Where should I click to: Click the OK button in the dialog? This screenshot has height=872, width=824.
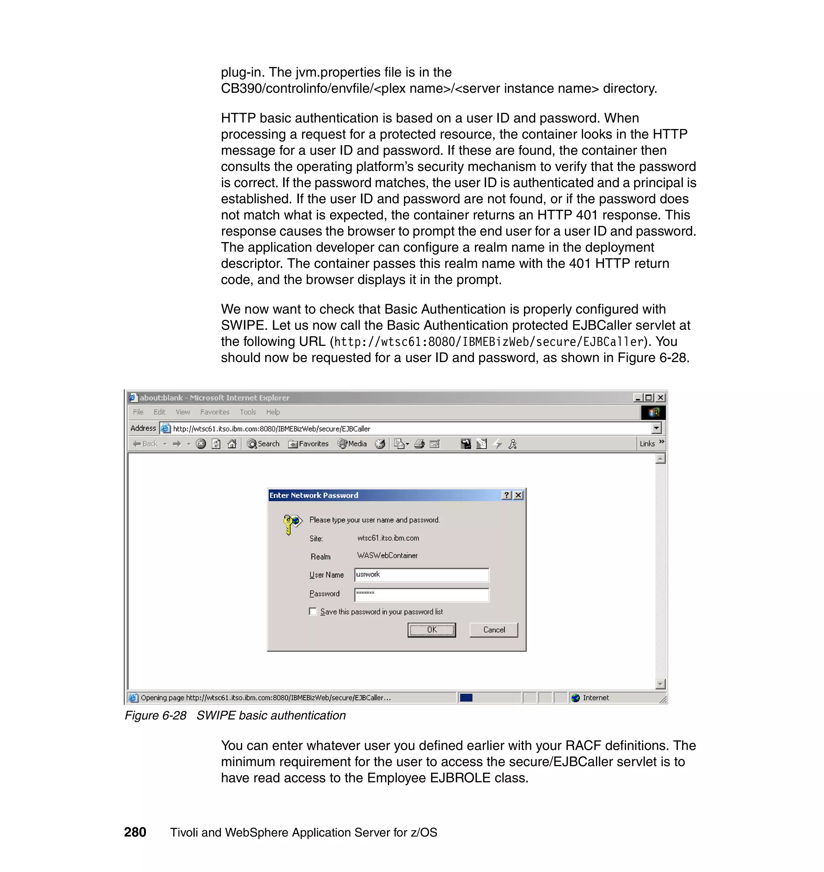[431, 629]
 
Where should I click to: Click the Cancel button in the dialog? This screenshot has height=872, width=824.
[494, 629]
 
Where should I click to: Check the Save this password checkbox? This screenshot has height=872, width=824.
[313, 611]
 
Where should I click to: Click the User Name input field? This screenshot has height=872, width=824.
[421, 574]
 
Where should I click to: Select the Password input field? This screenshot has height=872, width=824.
[421, 594]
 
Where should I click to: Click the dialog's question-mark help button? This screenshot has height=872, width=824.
[507, 495]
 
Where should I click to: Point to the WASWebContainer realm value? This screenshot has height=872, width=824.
[387, 555]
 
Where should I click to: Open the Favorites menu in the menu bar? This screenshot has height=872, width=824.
[214, 412]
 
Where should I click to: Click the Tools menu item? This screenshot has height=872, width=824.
[248, 412]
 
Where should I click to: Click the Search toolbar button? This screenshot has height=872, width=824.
[263, 444]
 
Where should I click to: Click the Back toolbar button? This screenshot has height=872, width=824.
[145, 444]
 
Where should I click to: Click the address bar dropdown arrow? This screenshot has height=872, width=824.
[656, 428]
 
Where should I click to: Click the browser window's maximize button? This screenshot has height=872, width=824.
[648, 397]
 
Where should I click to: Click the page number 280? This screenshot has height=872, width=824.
[135, 832]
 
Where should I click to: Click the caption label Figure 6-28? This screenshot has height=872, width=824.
[155, 715]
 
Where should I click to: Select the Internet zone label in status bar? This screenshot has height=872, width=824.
[595, 698]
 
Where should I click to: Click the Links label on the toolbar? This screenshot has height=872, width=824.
[647, 444]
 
